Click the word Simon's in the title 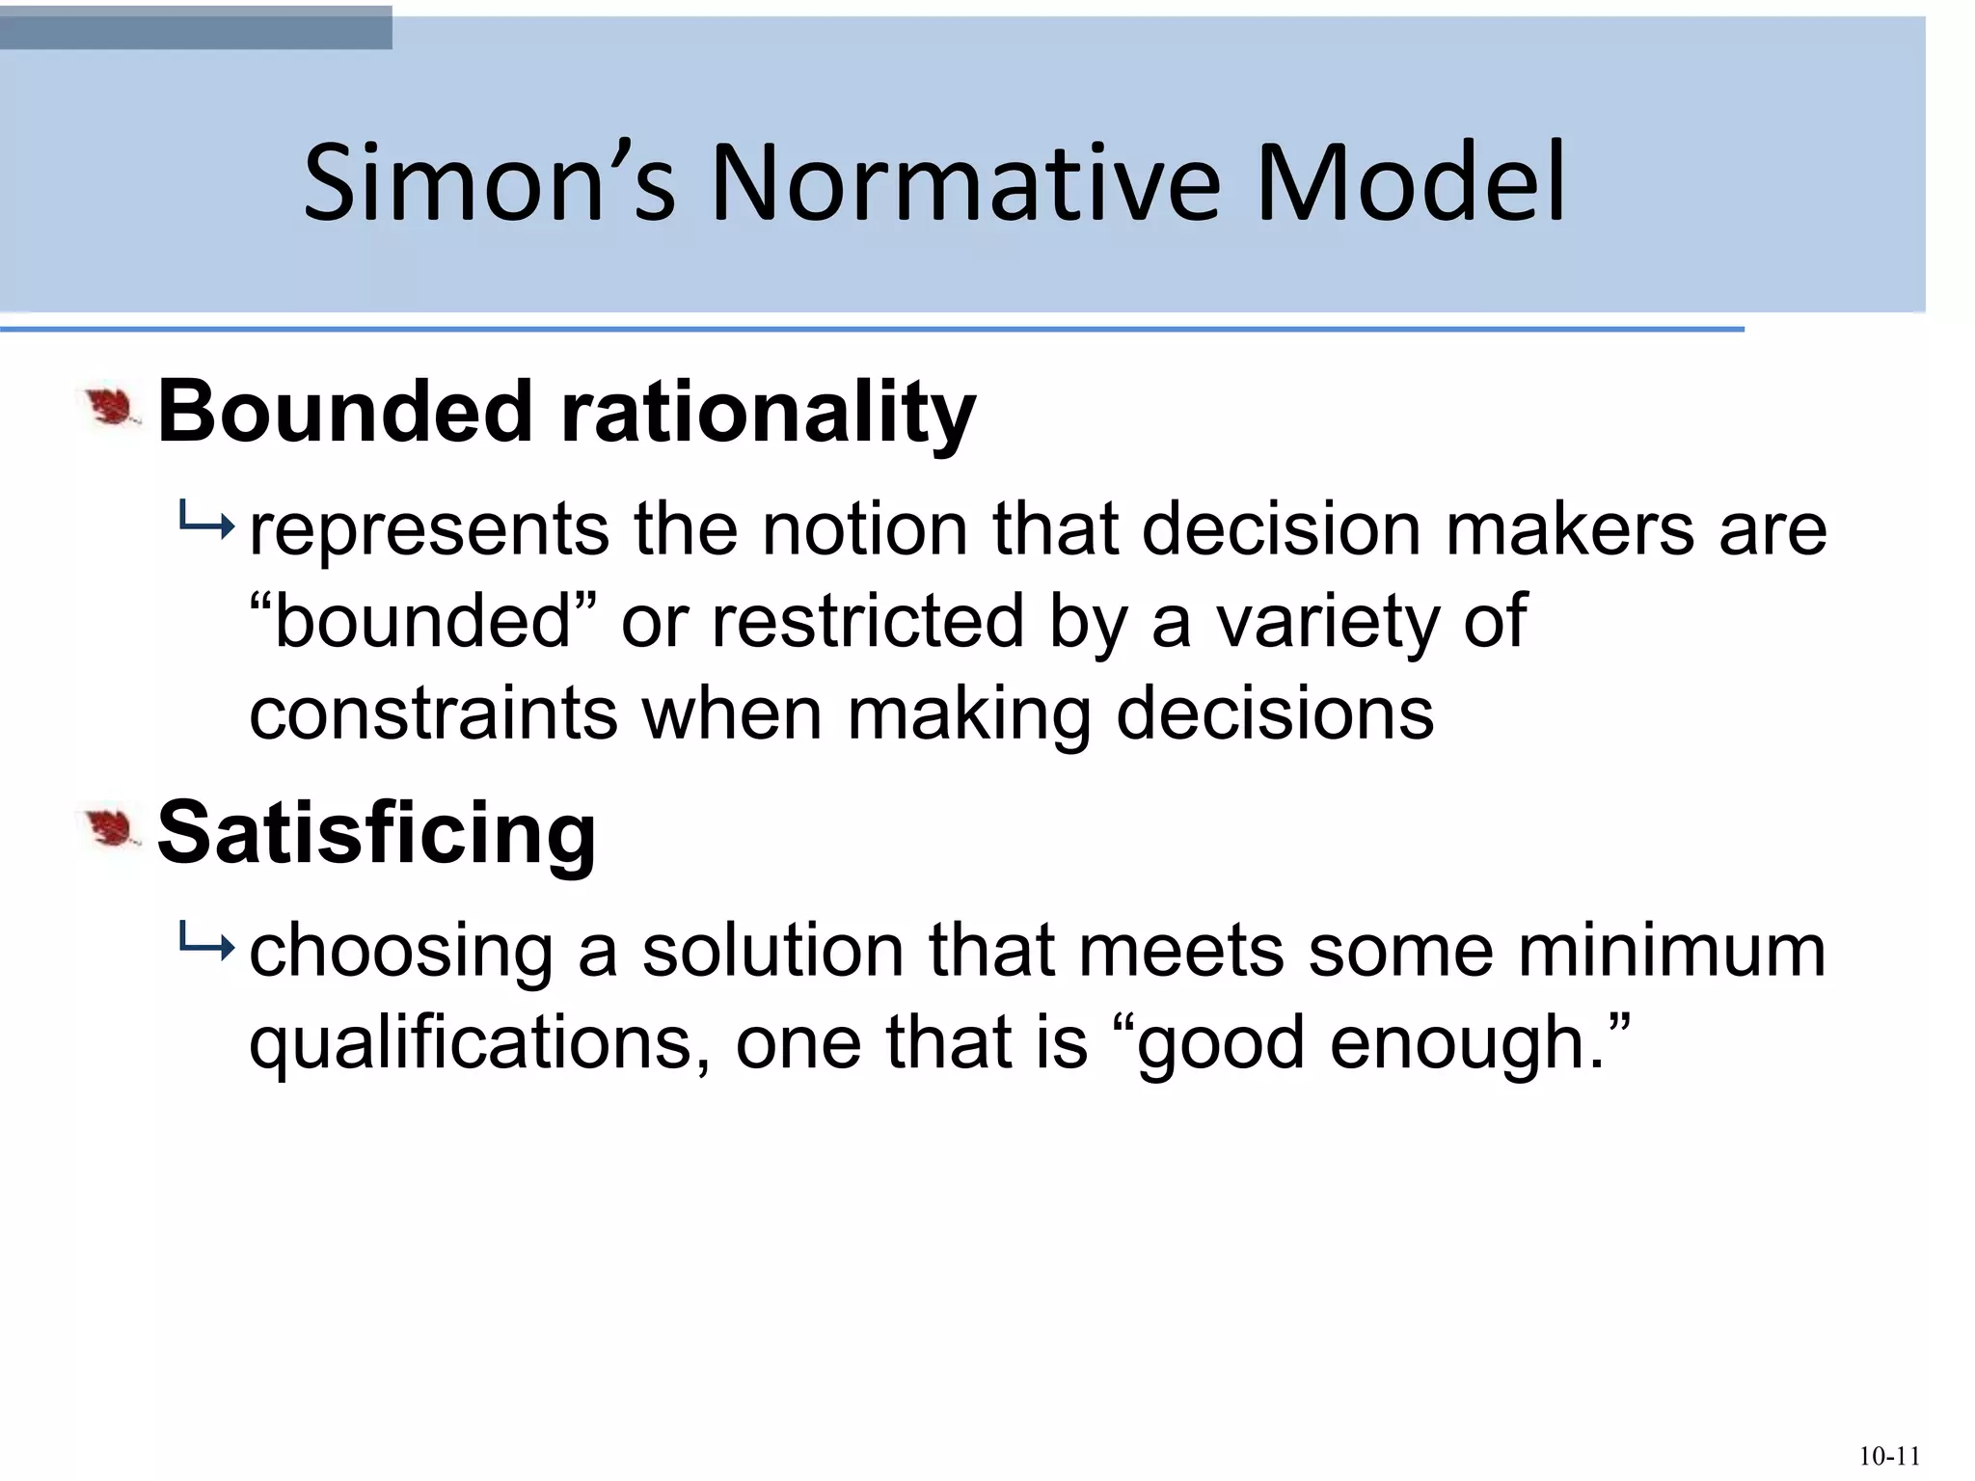[489, 183]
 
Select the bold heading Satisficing [376, 833]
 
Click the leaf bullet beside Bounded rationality [112, 409]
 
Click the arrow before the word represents [205, 525]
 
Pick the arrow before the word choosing [205, 946]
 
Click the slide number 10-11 [1889, 1456]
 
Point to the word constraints [433, 714]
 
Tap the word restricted [867, 621]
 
